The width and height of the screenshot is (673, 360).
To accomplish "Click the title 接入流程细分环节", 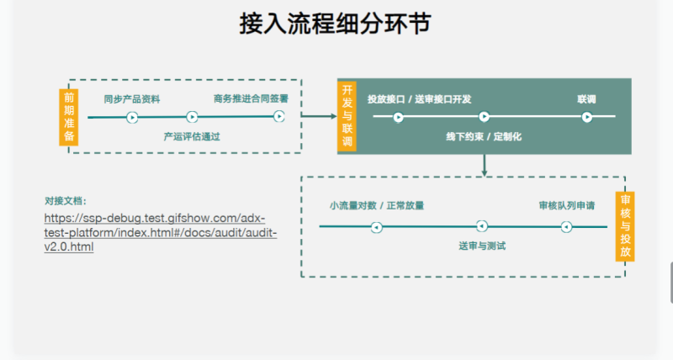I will [x=336, y=24].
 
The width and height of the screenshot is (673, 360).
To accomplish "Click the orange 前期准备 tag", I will [x=69, y=116].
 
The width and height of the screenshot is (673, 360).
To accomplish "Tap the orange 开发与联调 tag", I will [x=347, y=116].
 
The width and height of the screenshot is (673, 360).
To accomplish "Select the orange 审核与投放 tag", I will [x=624, y=227].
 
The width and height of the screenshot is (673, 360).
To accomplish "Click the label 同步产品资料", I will [x=132, y=98].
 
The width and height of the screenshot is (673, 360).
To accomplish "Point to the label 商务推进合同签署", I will [x=251, y=98].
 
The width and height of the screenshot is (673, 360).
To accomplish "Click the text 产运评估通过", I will [x=192, y=135].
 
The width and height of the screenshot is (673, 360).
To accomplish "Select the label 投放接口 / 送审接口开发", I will [x=419, y=98].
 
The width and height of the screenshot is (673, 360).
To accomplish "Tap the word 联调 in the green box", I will [x=586, y=98].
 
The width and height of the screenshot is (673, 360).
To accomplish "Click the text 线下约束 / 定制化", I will [x=484, y=135].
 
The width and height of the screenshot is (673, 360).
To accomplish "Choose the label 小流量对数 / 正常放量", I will [x=376, y=205].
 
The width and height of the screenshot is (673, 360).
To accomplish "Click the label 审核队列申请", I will [x=567, y=205].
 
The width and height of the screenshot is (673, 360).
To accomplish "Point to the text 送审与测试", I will [x=482, y=246].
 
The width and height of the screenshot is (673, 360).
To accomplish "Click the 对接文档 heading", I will [x=66, y=201].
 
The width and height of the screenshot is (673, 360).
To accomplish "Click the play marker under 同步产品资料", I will [x=132, y=117].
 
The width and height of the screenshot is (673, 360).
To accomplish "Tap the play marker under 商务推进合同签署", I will [x=278, y=117].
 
